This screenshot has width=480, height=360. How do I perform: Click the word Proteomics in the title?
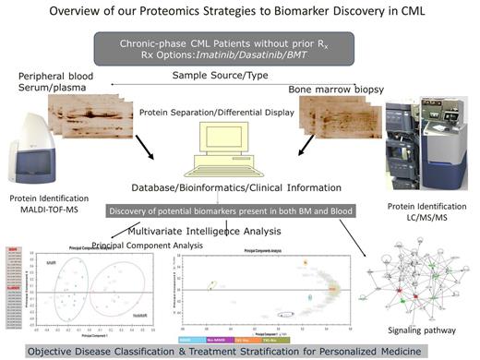coord(195,13)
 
